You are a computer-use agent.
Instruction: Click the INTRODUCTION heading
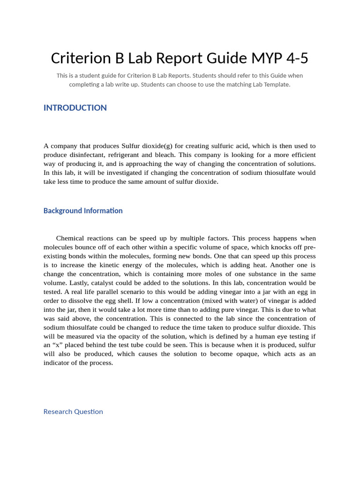pos(75,108)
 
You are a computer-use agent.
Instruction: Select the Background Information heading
pos(83,211)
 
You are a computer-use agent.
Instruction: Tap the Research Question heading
pos(73,412)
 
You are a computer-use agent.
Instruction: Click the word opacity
pos(112,336)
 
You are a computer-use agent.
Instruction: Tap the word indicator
pos(57,363)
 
